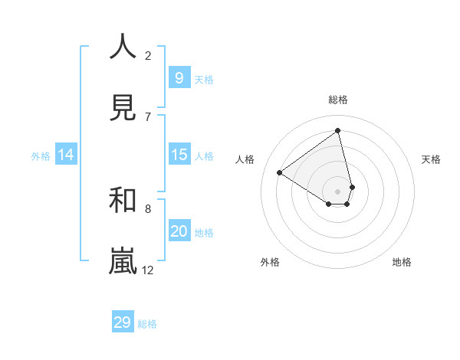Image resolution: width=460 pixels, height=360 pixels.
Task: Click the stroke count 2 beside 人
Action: pyautogui.click(x=148, y=55)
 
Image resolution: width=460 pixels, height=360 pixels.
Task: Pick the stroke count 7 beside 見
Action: pyautogui.click(x=148, y=116)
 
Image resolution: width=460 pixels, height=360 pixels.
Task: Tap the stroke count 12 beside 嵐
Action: pyautogui.click(x=148, y=270)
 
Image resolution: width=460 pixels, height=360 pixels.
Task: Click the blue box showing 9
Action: pyautogui.click(x=179, y=77)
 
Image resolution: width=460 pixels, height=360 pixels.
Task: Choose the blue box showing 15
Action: pyautogui.click(x=179, y=155)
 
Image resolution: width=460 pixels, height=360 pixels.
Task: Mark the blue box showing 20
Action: pyautogui.click(x=179, y=231)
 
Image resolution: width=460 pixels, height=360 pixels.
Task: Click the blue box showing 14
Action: pyautogui.click(x=66, y=155)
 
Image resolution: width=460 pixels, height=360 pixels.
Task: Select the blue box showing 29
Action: pyautogui.click(x=123, y=322)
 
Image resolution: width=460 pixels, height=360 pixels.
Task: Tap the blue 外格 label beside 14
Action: pyautogui.click(x=41, y=156)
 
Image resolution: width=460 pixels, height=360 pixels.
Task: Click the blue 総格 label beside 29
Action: pyautogui.click(x=147, y=324)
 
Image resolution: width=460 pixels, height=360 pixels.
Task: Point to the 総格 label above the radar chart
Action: pyautogui.click(x=338, y=100)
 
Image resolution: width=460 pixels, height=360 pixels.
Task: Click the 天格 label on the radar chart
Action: pyautogui.click(x=432, y=159)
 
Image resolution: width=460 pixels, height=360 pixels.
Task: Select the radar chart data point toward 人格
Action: pyautogui.click(x=280, y=172)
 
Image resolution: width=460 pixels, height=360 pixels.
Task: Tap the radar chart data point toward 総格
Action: pyautogui.click(x=338, y=131)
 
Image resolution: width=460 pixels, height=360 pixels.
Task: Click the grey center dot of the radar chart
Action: pyautogui.click(x=338, y=191)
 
